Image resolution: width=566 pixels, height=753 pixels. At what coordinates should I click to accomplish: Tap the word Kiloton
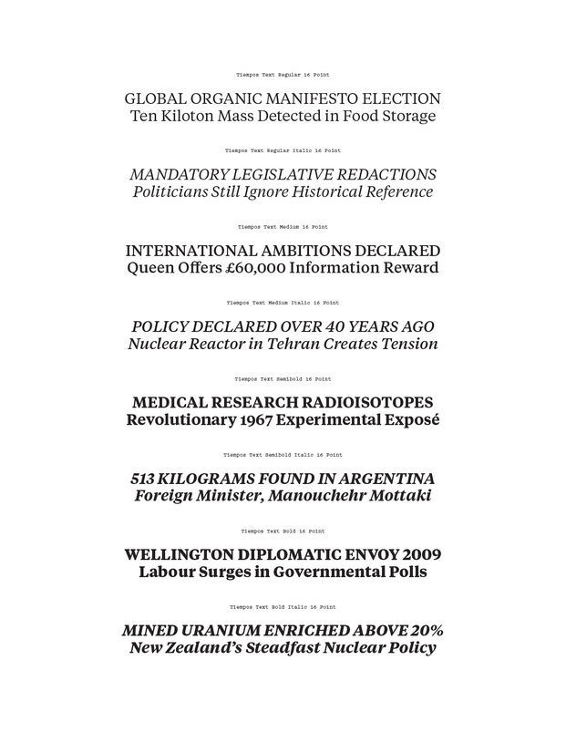[185, 117]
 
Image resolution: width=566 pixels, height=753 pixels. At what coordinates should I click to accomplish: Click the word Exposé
[407, 421]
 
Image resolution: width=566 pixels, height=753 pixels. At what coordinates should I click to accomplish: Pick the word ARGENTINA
[386, 479]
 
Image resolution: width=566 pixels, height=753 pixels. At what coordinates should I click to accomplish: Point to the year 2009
[421, 554]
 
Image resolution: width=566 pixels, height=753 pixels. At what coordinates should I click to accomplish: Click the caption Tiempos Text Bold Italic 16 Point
[283, 606]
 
